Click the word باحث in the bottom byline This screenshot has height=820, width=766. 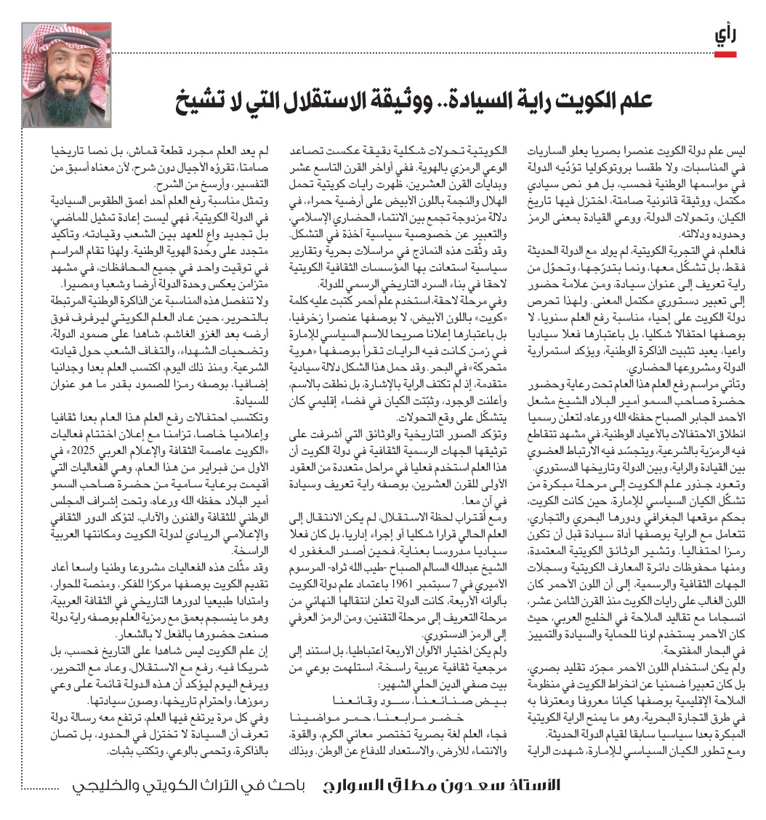click(x=279, y=786)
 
